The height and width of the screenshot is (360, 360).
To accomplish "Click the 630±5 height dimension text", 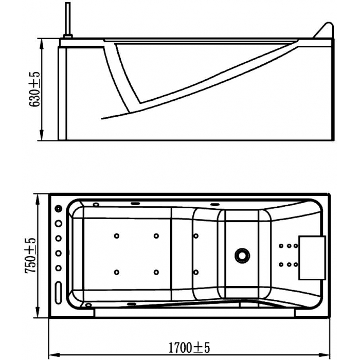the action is click(x=34, y=89).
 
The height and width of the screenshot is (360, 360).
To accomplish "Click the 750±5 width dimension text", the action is click(x=30, y=255).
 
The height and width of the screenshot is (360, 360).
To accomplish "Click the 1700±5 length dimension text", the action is click(x=189, y=348).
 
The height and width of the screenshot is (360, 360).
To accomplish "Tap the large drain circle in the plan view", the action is click(x=242, y=255).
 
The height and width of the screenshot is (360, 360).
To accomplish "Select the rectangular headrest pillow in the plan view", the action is click(x=312, y=258).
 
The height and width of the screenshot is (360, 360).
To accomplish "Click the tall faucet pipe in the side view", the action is click(x=68, y=19).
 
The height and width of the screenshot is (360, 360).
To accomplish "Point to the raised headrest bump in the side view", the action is click(x=324, y=30).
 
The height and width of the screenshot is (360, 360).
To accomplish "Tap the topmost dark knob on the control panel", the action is click(x=59, y=209).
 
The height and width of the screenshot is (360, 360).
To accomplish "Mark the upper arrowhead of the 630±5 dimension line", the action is click(x=42, y=44).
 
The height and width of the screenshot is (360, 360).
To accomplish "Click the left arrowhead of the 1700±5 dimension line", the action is click(x=55, y=354).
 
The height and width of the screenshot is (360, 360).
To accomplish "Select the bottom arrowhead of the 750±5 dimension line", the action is click(x=38, y=312).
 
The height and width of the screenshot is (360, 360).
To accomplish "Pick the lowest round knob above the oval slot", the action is click(x=59, y=268).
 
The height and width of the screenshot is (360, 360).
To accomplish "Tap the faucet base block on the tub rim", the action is click(x=68, y=37).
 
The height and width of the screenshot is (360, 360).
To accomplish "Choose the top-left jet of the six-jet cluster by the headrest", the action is click(x=281, y=246).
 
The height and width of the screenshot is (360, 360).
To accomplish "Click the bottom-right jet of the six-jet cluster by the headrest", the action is click(x=296, y=265).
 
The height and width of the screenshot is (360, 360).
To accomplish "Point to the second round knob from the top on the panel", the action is click(x=59, y=223).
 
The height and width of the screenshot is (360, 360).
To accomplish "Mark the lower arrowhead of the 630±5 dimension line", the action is click(x=42, y=135).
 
